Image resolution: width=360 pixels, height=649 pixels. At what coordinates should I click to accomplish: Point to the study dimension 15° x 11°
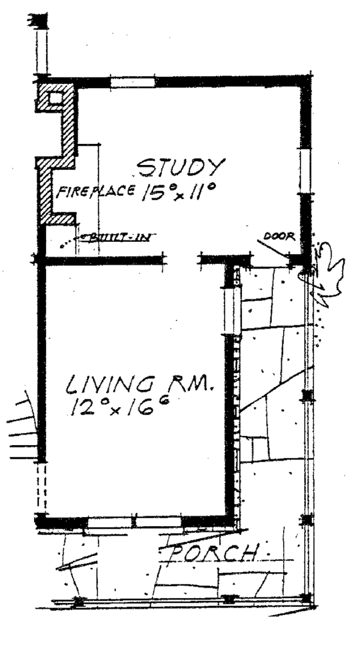click(179, 194)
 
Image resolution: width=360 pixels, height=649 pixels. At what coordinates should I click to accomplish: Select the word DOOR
click(283, 236)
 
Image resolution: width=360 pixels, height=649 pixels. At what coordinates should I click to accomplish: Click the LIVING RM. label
click(138, 383)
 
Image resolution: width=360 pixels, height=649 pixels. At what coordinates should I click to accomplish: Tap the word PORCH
click(213, 552)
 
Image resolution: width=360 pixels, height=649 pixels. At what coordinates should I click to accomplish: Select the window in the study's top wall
click(133, 82)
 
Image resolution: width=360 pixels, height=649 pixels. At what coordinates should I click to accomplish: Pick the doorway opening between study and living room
click(182, 260)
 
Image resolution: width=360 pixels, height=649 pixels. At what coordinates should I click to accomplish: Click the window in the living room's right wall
click(230, 310)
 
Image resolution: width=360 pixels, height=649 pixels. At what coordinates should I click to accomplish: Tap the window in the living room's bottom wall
click(133, 522)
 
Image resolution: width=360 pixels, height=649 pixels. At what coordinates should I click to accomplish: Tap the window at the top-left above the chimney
click(41, 48)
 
